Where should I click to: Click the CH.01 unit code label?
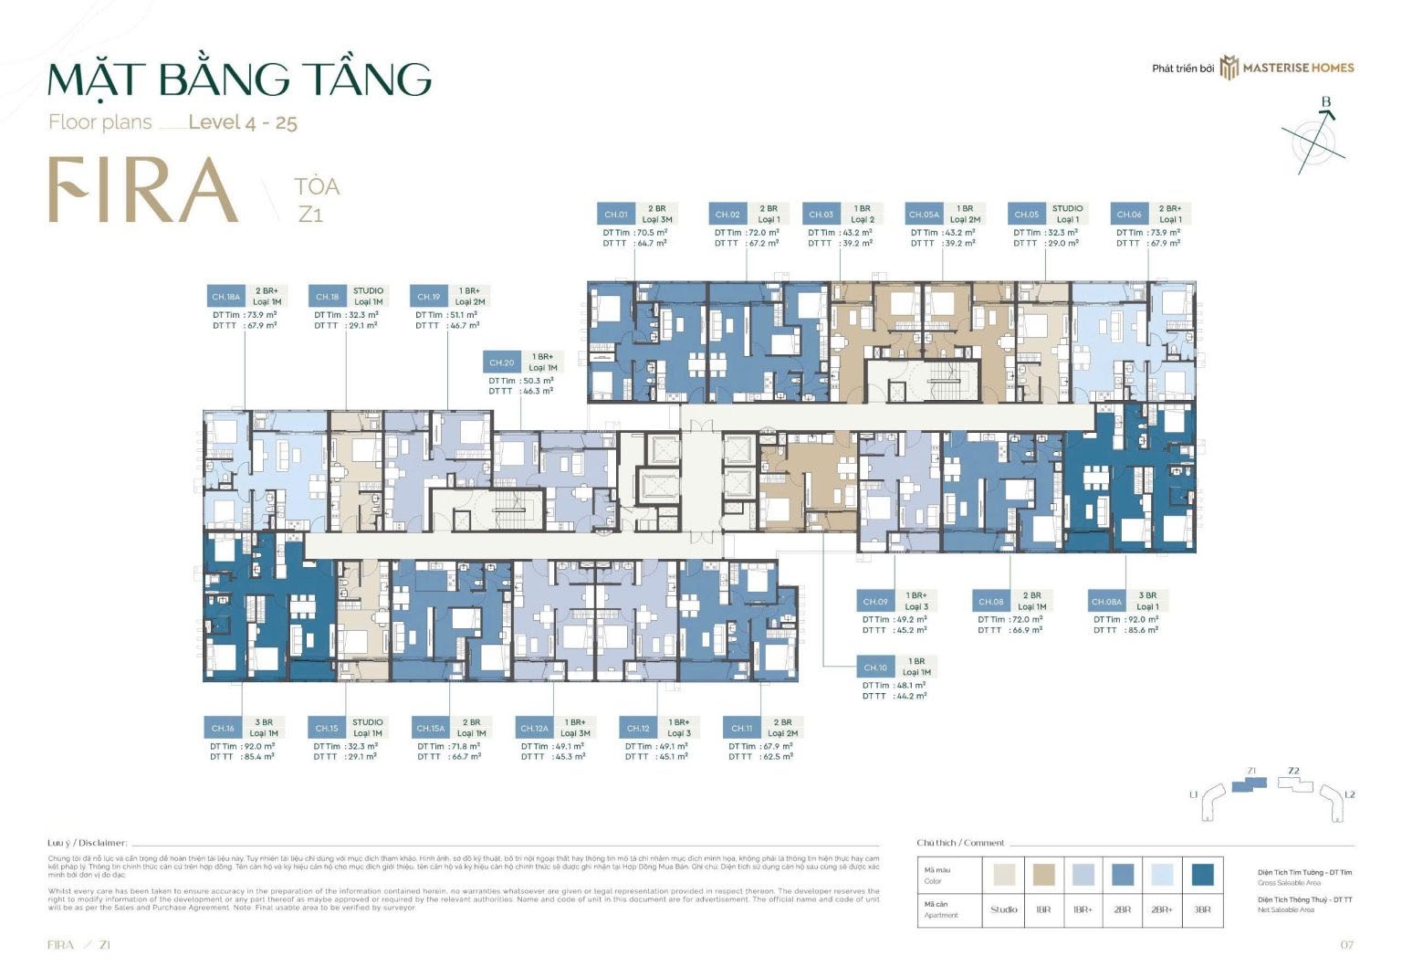tap(616, 215)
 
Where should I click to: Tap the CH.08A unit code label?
tap(1106, 602)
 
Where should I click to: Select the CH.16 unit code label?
tap(223, 728)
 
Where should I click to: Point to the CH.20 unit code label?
tap(502, 363)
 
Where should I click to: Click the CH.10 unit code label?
tap(875, 667)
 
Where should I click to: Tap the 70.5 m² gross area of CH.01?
tap(651, 233)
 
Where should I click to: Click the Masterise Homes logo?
tap(1286, 68)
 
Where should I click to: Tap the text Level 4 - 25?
tap(243, 122)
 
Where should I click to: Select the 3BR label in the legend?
tap(1202, 909)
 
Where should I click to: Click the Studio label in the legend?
tap(1004, 909)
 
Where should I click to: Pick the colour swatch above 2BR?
tap(1123, 875)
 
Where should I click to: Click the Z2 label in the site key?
tap(1293, 771)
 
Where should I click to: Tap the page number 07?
tap(1347, 945)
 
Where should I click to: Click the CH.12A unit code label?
tap(534, 728)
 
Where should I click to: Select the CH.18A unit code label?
tap(225, 297)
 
